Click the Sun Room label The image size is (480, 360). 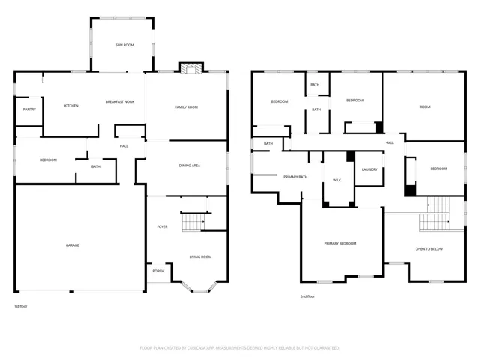[124, 45]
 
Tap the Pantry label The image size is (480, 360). [29, 109]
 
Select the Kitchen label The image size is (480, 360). [71, 106]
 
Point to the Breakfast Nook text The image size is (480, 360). [120, 102]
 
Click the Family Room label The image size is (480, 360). [186, 107]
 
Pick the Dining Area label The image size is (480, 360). [190, 166]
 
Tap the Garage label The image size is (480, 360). [73, 245]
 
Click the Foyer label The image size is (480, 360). [162, 226]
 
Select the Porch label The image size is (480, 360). [158, 271]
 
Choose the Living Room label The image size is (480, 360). [200, 256]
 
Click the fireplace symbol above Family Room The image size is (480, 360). [191, 68]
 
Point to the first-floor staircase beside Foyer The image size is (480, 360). [193, 223]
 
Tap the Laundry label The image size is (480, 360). [370, 169]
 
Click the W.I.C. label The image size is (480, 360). [337, 180]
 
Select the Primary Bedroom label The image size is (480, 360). [340, 243]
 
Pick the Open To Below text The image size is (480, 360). [429, 249]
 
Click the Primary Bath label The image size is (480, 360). [295, 177]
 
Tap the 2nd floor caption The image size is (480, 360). [307, 296]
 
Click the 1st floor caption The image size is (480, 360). [21, 306]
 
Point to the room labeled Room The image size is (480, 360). [424, 106]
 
